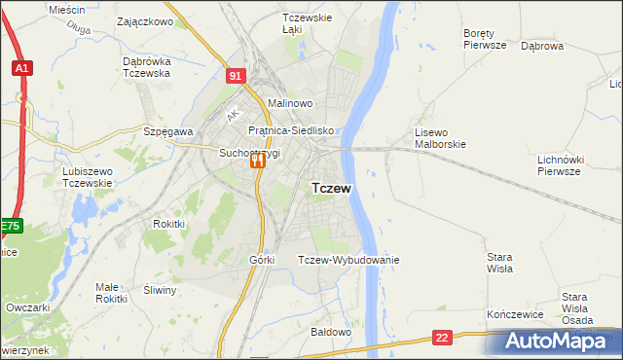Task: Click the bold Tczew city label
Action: point(331,188)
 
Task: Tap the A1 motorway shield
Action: point(21,68)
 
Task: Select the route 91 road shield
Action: point(237,75)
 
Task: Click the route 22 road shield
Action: point(443,337)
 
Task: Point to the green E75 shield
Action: point(10,227)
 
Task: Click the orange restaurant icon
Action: point(258,162)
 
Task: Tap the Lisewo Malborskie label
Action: point(441,137)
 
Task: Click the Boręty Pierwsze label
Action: point(485,38)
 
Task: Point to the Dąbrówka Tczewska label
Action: point(147,66)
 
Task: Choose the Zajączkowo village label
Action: point(144,20)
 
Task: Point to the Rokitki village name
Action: point(168,223)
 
